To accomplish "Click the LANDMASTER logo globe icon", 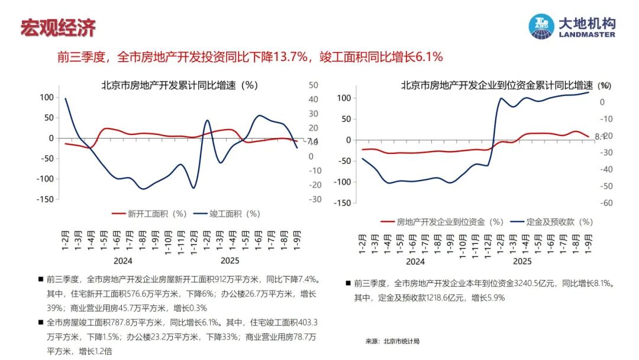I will click(541, 27).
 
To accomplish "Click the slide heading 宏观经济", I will click(58, 27).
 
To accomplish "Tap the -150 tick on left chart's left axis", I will click(44, 199).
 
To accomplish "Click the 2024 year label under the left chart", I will click(122, 261).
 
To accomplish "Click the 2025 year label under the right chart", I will click(522, 261).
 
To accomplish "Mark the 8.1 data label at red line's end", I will click(598, 137).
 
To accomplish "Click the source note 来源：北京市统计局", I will click(392, 341).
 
